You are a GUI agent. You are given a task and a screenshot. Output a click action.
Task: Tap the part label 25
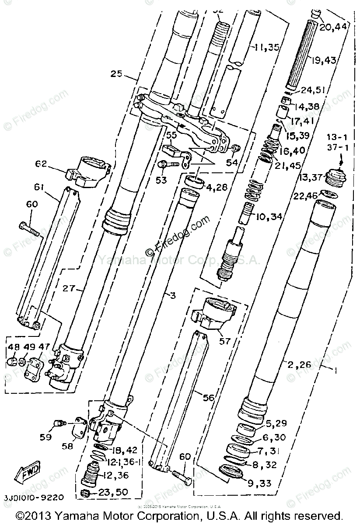click(116, 73)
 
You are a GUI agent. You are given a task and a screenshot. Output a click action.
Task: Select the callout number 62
click(42, 164)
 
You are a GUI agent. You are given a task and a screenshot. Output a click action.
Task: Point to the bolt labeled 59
click(59, 423)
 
